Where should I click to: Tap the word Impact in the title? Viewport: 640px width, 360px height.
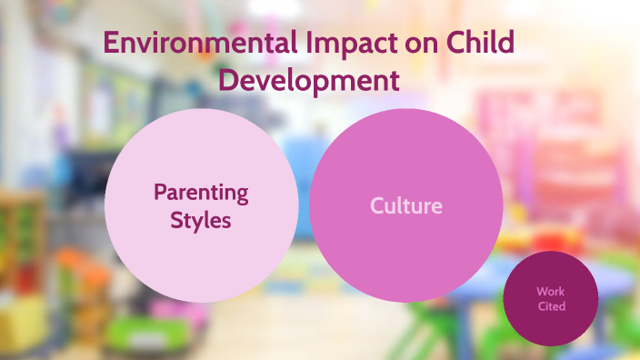[x=346, y=44]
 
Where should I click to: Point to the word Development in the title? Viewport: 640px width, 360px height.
[x=310, y=80]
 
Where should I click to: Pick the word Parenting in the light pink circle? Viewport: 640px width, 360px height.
[x=201, y=192]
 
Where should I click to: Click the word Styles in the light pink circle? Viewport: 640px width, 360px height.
[x=201, y=220]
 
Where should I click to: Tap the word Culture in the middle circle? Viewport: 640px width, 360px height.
[x=405, y=205]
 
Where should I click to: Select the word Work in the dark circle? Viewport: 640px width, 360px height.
[x=550, y=292]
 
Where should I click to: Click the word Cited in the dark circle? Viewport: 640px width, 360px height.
[x=550, y=306]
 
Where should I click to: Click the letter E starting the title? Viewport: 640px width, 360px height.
[x=110, y=44]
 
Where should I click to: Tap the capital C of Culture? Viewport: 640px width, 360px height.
[x=376, y=205]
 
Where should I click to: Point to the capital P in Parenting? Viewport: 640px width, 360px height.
[x=160, y=192]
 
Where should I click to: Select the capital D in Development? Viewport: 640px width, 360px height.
[x=229, y=80]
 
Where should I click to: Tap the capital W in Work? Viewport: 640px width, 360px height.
[x=540, y=292]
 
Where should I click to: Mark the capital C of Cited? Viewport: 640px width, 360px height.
[x=539, y=306]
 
